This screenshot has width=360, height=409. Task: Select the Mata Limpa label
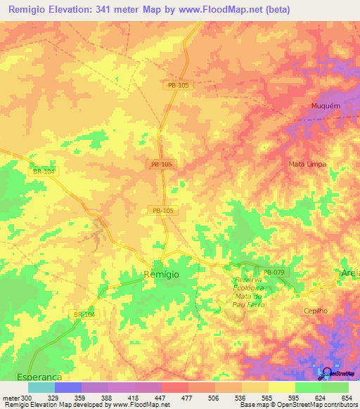pos(307,164)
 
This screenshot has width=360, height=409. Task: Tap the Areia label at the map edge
pos(349,273)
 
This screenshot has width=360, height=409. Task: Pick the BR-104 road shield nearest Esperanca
pos(84,314)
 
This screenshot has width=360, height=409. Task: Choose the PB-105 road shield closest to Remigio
pos(162,210)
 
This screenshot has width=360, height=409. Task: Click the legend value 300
pos(26,398)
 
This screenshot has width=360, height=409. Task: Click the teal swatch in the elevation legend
pos(41,387)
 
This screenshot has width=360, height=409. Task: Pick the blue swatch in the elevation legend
pos(68,387)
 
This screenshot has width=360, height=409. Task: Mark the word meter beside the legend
pos(10,398)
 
